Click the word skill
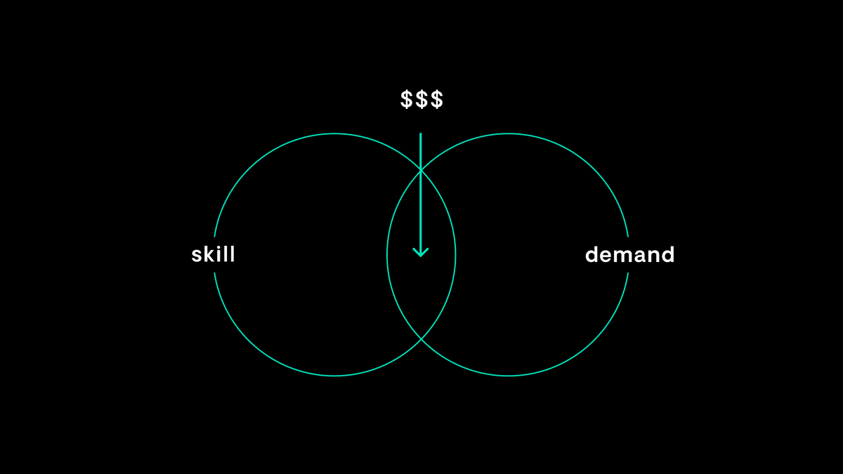(x=213, y=254)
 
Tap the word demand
(x=629, y=254)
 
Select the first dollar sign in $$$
(x=407, y=100)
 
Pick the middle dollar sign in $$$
(x=421, y=100)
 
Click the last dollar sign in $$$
(x=436, y=100)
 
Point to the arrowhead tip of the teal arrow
(x=421, y=256)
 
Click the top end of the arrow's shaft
(x=421, y=133)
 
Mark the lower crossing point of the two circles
(x=421, y=339)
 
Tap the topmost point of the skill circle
(x=334, y=133)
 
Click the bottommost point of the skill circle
(x=334, y=376)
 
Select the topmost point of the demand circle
(x=508, y=133)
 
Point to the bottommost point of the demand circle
(x=508, y=376)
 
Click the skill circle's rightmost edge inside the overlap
(x=455, y=254)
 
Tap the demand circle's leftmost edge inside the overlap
(x=387, y=254)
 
